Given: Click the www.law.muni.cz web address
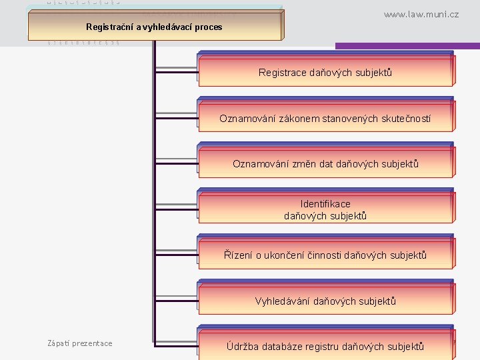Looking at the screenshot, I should pyautogui.click(x=421, y=14).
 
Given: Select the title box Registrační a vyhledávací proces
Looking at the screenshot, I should pyautogui.click(x=154, y=27).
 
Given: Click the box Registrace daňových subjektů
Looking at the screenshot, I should pyautogui.click(x=325, y=72).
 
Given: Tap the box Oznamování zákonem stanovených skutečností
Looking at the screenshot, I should pyautogui.click(x=325, y=118).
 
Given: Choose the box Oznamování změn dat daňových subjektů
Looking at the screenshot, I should pyautogui.click(x=325, y=163).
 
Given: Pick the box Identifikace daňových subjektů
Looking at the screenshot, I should pyautogui.click(x=325, y=209).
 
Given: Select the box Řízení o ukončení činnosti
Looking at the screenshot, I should pyautogui.click(x=325, y=255).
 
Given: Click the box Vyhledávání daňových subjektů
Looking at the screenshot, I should pyautogui.click(x=325, y=301).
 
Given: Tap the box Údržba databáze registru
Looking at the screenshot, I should pyautogui.click(x=325, y=345).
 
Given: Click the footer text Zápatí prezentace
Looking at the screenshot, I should pyautogui.click(x=80, y=343).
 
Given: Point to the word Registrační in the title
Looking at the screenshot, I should pyautogui.click(x=110, y=27).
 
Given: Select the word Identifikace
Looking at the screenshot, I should pyautogui.click(x=325, y=204).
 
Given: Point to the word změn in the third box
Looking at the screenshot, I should pyautogui.click(x=303, y=163).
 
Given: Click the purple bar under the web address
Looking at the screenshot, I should pyautogui.click(x=407, y=46).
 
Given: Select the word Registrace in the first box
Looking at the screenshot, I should pyautogui.click(x=283, y=72).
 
